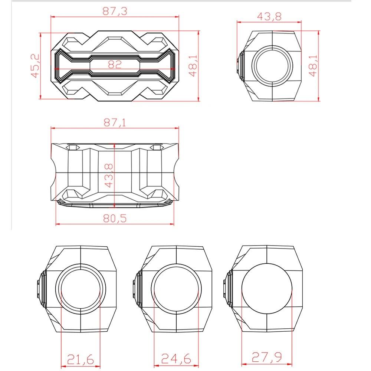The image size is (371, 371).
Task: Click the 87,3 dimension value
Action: (115, 11)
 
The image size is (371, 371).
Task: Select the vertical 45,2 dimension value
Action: (35, 66)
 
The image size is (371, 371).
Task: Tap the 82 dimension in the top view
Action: (115, 65)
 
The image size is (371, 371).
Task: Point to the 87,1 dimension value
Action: (115, 122)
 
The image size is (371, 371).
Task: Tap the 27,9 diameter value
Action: (267, 357)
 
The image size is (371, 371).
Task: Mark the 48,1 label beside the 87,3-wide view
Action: (193, 66)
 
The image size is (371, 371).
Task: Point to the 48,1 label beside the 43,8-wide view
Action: (313, 66)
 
